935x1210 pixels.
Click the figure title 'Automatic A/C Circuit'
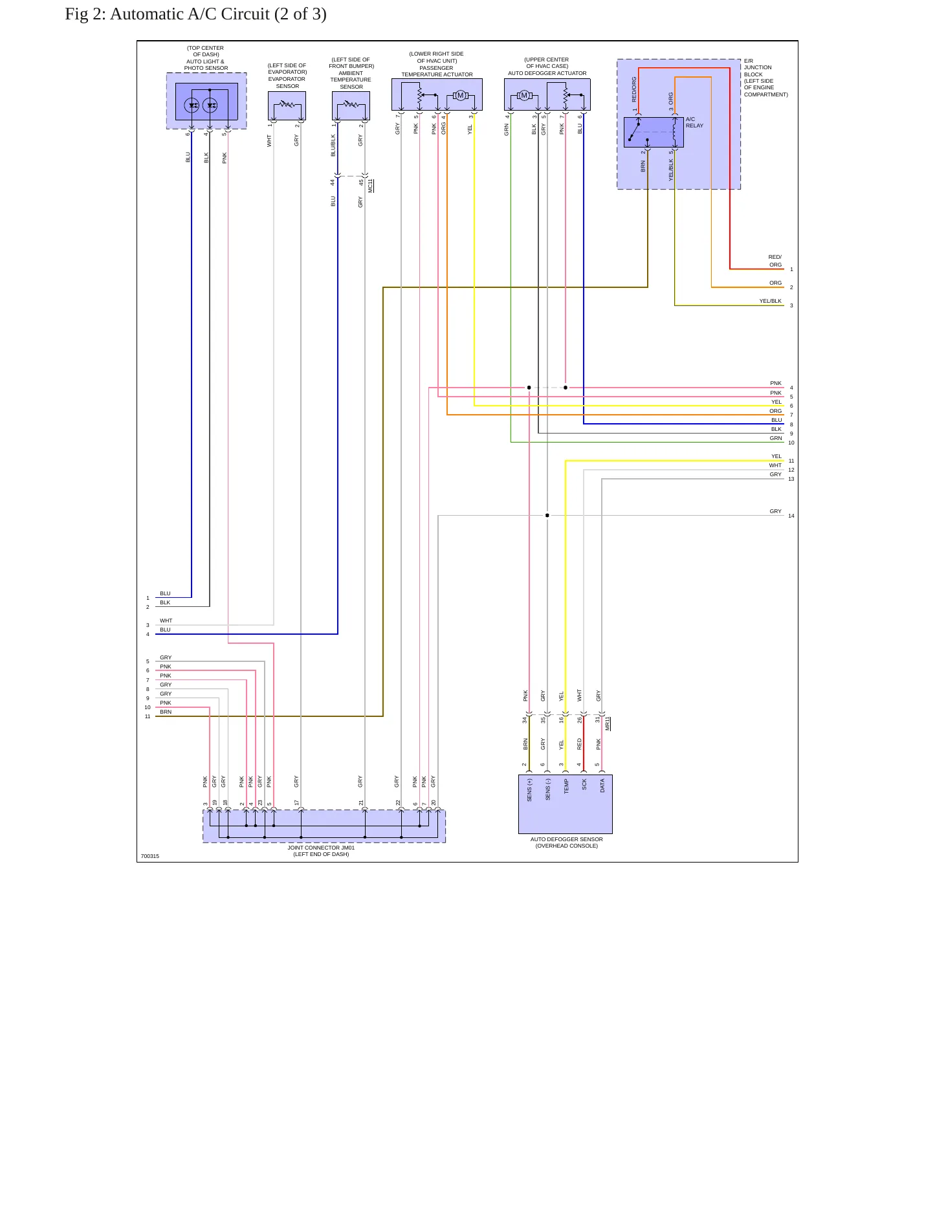tap(190, 14)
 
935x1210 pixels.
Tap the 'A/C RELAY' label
tap(694, 122)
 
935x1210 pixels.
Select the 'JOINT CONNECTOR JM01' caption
tap(321, 848)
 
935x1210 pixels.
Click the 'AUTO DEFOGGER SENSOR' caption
tap(566, 839)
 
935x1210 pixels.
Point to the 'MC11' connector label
tap(371, 186)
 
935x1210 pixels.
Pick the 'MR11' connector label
tap(608, 723)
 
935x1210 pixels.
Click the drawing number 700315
tap(150, 856)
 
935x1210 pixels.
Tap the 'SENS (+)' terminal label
tap(529, 790)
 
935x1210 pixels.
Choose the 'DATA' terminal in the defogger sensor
tap(602, 786)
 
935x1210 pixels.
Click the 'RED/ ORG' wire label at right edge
tap(775, 261)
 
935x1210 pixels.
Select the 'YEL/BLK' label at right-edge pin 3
tap(770, 301)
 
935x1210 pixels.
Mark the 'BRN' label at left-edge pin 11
tap(166, 712)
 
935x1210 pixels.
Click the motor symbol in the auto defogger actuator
tap(524, 96)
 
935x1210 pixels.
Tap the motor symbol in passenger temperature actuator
tap(460, 96)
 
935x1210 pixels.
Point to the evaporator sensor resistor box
tap(287, 105)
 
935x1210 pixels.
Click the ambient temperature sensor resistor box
tap(351, 105)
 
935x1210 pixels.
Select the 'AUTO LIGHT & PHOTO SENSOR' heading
tap(206, 65)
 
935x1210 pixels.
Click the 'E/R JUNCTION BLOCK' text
tap(758, 67)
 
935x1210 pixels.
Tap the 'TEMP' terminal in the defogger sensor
tap(566, 786)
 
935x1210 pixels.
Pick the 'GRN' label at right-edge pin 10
tap(776, 438)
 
